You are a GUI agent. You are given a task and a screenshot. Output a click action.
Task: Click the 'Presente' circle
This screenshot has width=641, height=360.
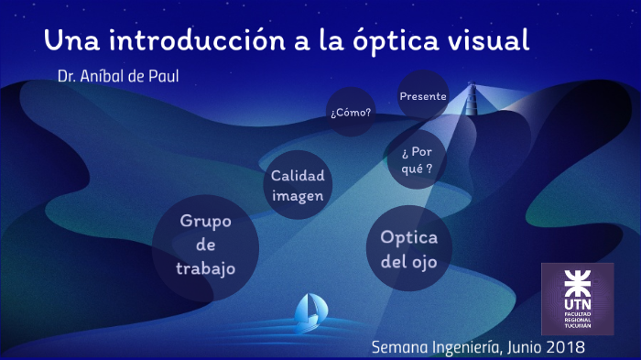click(x=423, y=95)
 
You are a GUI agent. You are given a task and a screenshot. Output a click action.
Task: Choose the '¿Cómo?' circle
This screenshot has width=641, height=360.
click(x=351, y=113)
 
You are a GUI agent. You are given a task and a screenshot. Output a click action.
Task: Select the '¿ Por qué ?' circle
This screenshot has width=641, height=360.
click(x=417, y=159)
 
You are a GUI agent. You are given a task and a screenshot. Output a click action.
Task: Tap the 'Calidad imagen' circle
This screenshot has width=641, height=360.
click(x=298, y=184)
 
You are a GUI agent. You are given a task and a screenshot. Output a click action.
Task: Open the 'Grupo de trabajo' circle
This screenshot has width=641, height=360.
click(x=206, y=245)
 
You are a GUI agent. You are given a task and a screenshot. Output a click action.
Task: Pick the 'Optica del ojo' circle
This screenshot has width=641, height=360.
click(x=409, y=248)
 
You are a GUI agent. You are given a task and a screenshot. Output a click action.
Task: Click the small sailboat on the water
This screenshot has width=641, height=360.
click(x=308, y=311)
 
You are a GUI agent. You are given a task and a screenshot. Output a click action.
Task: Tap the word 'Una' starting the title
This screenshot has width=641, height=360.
click(x=68, y=40)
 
